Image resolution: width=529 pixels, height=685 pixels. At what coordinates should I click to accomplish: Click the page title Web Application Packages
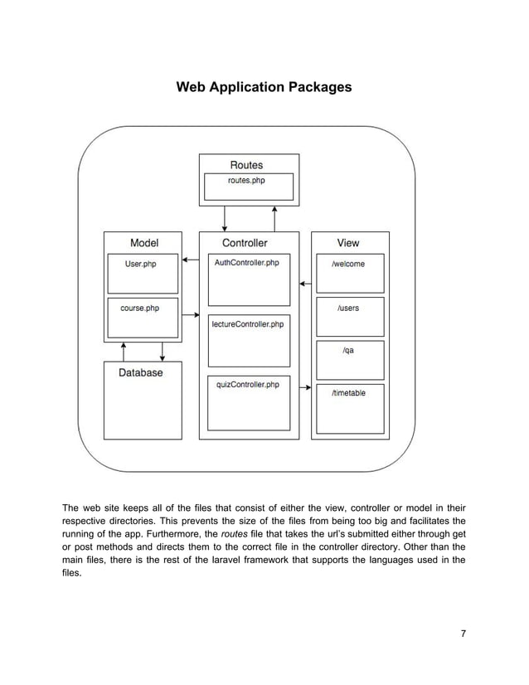point(264,87)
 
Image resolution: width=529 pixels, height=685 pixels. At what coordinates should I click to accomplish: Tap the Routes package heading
point(246,165)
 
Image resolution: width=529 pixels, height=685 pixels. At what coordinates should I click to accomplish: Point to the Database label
point(141,373)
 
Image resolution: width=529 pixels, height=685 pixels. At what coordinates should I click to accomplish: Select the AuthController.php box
point(247,280)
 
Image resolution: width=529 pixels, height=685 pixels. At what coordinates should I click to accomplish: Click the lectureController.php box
point(247,341)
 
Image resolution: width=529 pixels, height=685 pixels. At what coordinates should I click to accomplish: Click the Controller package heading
point(245,243)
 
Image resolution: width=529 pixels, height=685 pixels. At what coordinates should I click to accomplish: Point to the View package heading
point(348,243)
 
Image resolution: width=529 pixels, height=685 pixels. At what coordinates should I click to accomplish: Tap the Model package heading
point(144,243)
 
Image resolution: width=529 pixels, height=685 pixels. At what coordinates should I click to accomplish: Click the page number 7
point(463,634)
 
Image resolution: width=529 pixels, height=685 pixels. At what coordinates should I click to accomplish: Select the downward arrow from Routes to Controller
point(225,218)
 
